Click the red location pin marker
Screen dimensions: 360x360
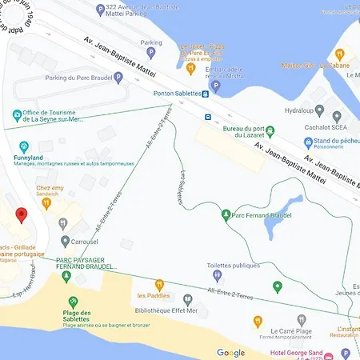click(22, 215)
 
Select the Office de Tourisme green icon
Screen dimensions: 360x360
click(16, 114)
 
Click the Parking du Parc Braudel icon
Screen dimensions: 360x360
click(118, 78)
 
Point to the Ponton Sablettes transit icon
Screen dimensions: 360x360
click(206, 94)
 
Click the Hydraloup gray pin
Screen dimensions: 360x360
click(319, 112)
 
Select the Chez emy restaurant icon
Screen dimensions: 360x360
click(47, 203)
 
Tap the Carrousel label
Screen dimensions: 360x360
click(84, 241)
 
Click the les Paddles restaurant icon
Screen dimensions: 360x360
click(159, 284)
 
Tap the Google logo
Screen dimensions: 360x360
click(230, 353)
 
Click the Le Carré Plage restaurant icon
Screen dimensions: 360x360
click(258, 322)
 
